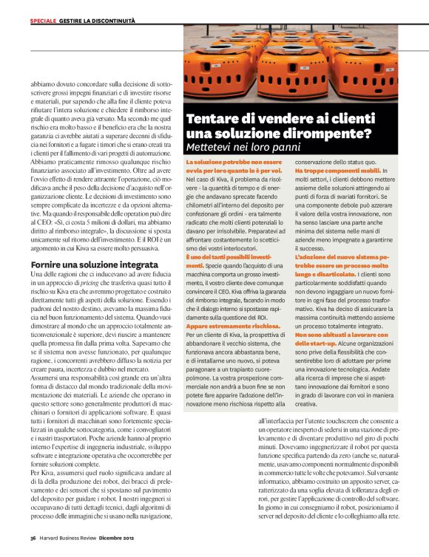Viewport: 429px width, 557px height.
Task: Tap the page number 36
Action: (33, 539)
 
